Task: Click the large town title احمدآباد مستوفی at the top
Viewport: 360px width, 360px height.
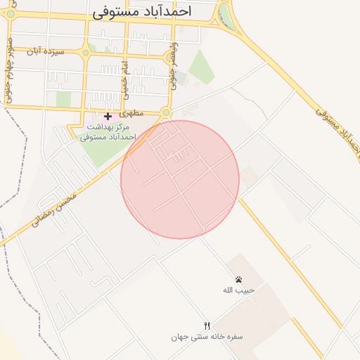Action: tap(151, 12)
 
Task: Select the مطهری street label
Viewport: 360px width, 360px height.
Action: tap(131, 112)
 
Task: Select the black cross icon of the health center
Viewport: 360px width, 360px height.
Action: tap(107, 116)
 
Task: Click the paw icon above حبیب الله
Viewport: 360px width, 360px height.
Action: tap(238, 279)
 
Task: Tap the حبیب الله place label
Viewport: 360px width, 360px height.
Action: tap(238, 290)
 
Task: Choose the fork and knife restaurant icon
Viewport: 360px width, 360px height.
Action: tap(207, 326)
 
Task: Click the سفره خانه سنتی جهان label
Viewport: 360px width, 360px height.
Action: tap(207, 337)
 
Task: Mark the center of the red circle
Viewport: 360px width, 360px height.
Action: tap(180, 179)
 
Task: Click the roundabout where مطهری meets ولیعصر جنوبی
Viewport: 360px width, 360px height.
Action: tap(166, 112)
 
